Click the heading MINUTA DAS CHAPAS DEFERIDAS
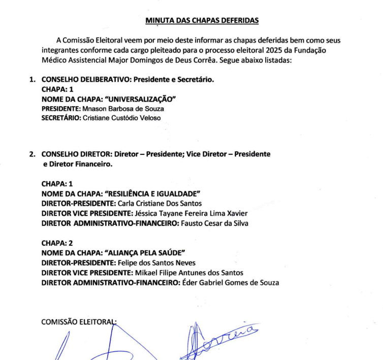click(202, 20)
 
